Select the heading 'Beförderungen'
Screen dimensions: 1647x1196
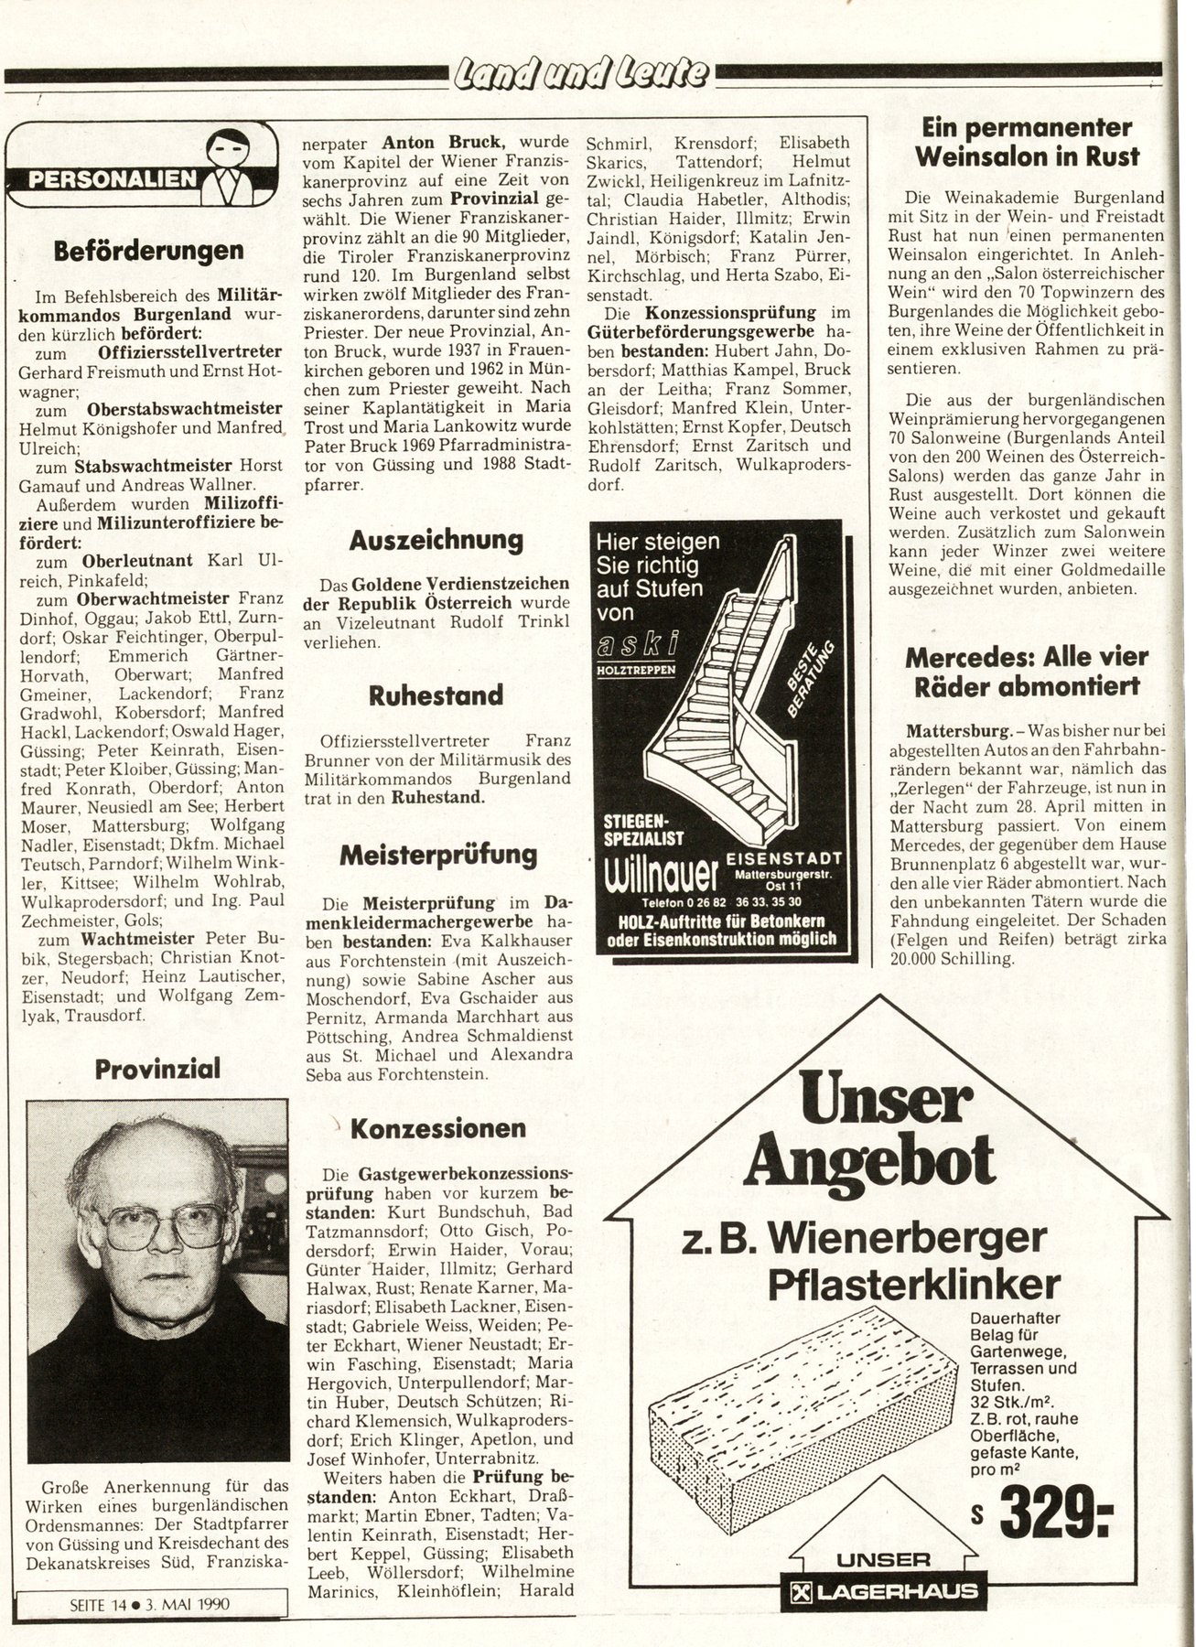point(147,250)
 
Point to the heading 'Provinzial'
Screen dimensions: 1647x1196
point(157,1068)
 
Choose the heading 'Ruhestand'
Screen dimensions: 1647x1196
point(436,695)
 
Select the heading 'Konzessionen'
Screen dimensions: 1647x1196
point(438,1127)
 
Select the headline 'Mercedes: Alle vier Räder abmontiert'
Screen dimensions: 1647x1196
point(1026,671)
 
